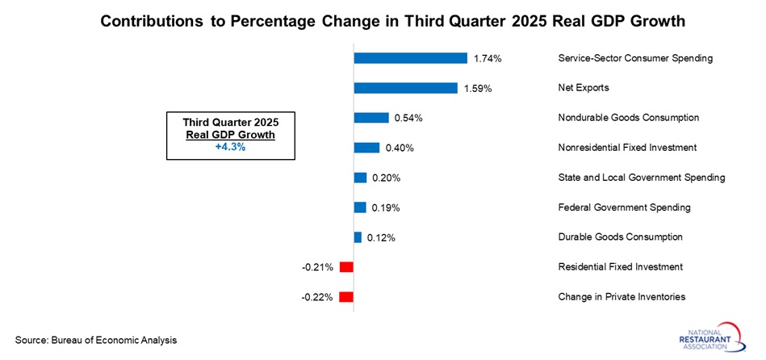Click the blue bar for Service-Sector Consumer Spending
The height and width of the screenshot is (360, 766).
[410, 58]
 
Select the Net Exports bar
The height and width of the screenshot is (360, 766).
[405, 88]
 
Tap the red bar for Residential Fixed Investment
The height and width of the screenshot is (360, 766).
[346, 267]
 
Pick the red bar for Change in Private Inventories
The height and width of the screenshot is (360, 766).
[346, 297]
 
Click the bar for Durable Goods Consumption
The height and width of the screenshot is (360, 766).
[358, 237]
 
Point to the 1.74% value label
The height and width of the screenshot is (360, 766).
[488, 58]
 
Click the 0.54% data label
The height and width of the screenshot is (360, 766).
[408, 118]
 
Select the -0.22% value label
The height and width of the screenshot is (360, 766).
[317, 297]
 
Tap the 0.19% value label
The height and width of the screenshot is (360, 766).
[385, 207]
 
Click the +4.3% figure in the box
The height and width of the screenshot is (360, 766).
[230, 147]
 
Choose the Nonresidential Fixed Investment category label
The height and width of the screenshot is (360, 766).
[627, 148]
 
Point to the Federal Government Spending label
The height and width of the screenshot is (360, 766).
[624, 207]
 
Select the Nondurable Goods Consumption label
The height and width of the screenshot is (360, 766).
[628, 118]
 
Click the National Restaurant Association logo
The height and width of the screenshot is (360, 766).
[716, 337]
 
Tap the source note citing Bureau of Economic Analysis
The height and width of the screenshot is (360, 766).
[96, 340]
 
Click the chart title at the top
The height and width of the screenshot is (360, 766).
[382, 22]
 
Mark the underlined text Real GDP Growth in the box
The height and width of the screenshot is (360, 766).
[230, 135]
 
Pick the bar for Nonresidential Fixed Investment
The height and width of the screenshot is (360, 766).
[366, 148]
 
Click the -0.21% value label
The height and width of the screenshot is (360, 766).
[317, 267]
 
